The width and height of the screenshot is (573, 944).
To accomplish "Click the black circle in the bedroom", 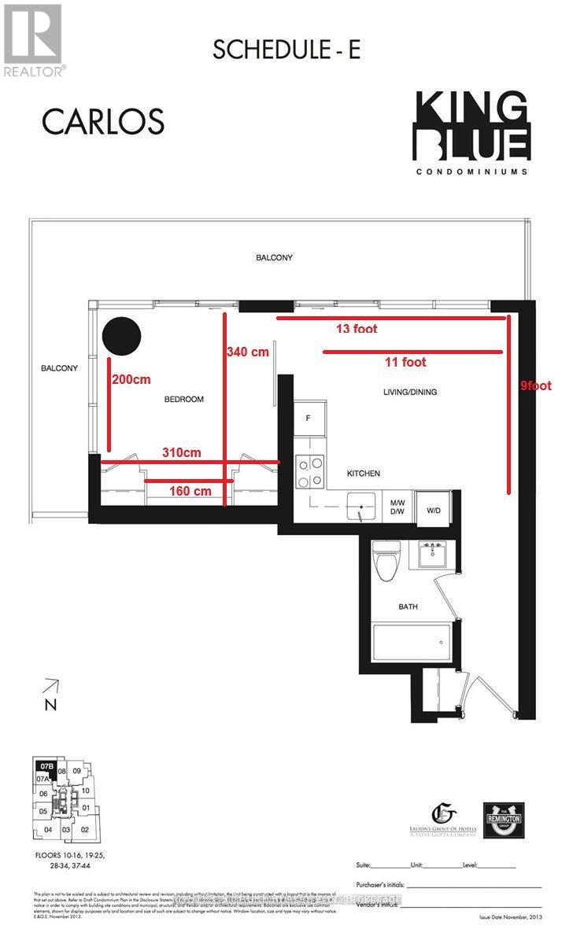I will point(122,336).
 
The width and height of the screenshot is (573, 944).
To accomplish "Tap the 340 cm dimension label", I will point(248,352).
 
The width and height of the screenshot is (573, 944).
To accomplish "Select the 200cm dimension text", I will point(131,379).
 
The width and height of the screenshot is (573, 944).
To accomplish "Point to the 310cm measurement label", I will point(182,452).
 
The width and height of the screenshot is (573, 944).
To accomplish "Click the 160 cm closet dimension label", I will point(190,492).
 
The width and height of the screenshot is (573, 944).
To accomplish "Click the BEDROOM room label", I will point(183,400).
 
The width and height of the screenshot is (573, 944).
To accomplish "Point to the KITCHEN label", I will point(364,474).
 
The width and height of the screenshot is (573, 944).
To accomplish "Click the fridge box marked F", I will point(308,419).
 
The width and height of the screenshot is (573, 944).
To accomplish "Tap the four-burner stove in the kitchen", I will point(309,472).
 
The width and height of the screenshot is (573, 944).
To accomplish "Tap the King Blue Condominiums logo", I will point(471,134).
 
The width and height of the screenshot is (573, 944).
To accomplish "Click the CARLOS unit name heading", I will point(102,122).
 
